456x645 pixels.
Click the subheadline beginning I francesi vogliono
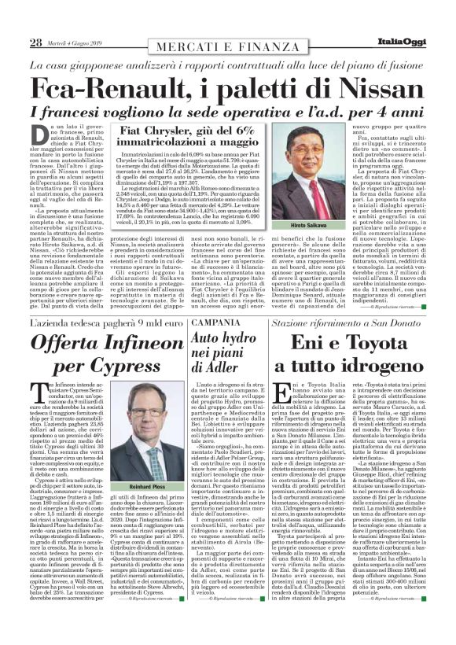coord(228,111)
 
